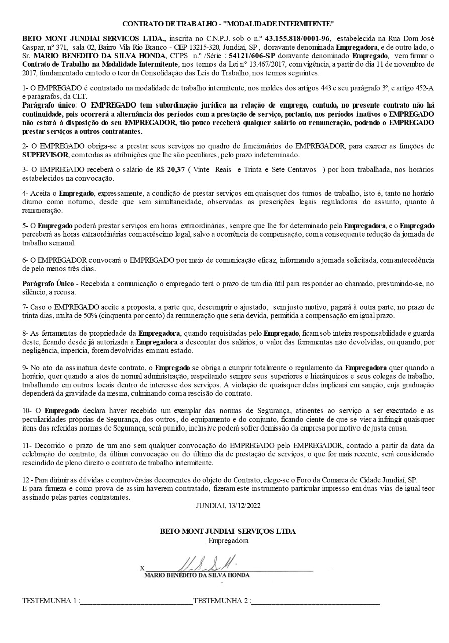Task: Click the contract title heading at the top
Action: point(228,24)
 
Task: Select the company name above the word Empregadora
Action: point(228,531)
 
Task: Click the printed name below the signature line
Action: point(197,575)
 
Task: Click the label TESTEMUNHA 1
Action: point(50,601)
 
